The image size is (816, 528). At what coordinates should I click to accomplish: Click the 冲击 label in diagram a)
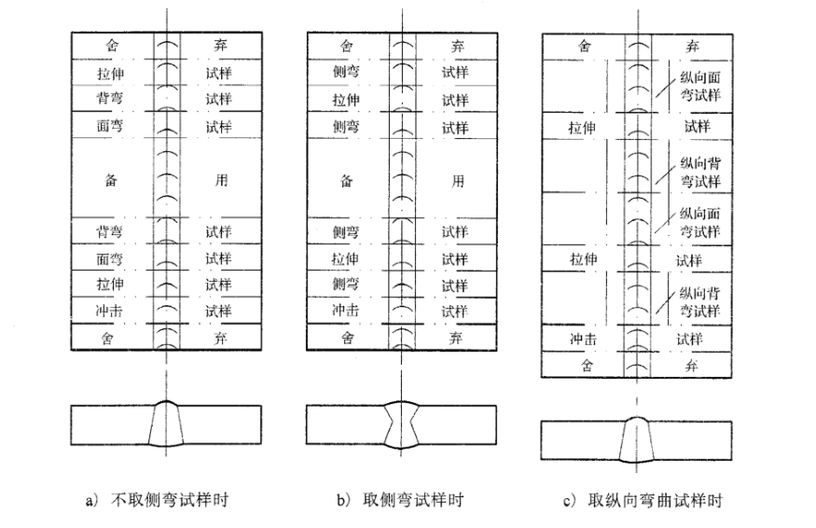pos(110,312)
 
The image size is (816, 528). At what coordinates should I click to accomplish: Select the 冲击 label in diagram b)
pos(345,312)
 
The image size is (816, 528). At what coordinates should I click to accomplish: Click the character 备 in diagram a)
pos(110,180)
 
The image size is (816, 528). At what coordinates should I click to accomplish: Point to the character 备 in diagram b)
pos(345,180)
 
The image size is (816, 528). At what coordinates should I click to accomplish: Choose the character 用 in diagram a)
pos(220,180)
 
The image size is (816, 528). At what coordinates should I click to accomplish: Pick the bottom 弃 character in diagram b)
pos(456,337)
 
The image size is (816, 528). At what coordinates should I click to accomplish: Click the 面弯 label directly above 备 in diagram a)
pos(110,126)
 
